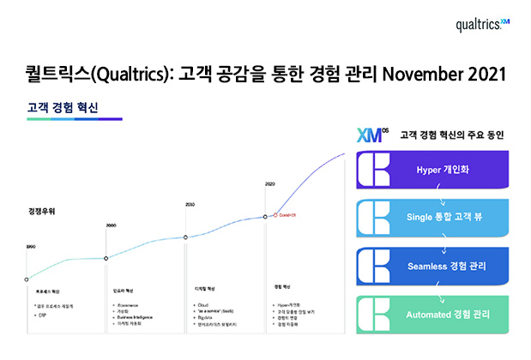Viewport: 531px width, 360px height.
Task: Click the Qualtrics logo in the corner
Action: [483, 25]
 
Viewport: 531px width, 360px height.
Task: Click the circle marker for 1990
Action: [27, 279]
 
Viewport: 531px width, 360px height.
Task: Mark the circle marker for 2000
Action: [106, 258]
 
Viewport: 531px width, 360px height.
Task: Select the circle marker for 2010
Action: [187, 237]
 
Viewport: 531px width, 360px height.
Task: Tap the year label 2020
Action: [270, 184]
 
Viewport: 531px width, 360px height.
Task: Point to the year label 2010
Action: [190, 204]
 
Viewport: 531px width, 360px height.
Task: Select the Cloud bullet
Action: [202, 304]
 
